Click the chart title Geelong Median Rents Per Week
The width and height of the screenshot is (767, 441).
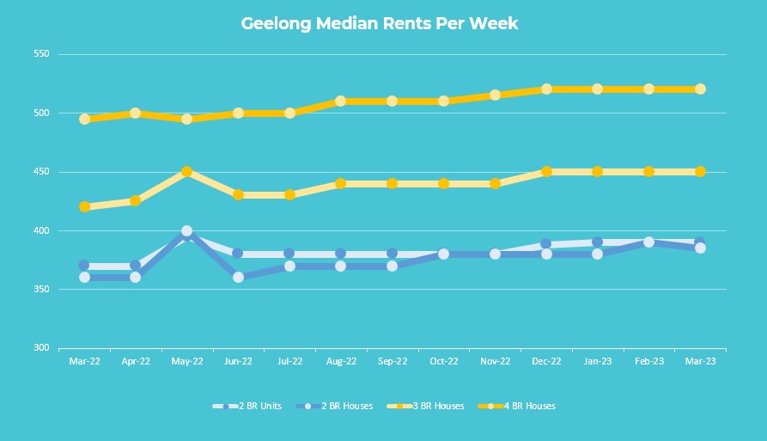click(x=379, y=23)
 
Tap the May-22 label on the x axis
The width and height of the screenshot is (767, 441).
click(x=186, y=362)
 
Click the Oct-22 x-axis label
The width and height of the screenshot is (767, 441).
click(x=443, y=362)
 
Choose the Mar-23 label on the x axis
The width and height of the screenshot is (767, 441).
click(x=700, y=362)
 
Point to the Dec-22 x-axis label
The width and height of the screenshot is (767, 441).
click(x=546, y=362)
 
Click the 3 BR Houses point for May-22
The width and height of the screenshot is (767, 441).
click(x=186, y=172)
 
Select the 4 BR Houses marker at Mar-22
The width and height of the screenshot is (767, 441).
click(x=84, y=119)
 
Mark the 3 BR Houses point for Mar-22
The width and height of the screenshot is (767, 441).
click(x=84, y=207)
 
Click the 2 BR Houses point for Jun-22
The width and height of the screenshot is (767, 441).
click(x=238, y=278)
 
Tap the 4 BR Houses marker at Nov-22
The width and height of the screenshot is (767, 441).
click(x=495, y=95)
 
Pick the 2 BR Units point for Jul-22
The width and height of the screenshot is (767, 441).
click(x=289, y=254)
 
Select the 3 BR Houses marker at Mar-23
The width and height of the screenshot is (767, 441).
click(x=700, y=172)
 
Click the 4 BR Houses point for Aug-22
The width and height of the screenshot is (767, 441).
click(x=341, y=101)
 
